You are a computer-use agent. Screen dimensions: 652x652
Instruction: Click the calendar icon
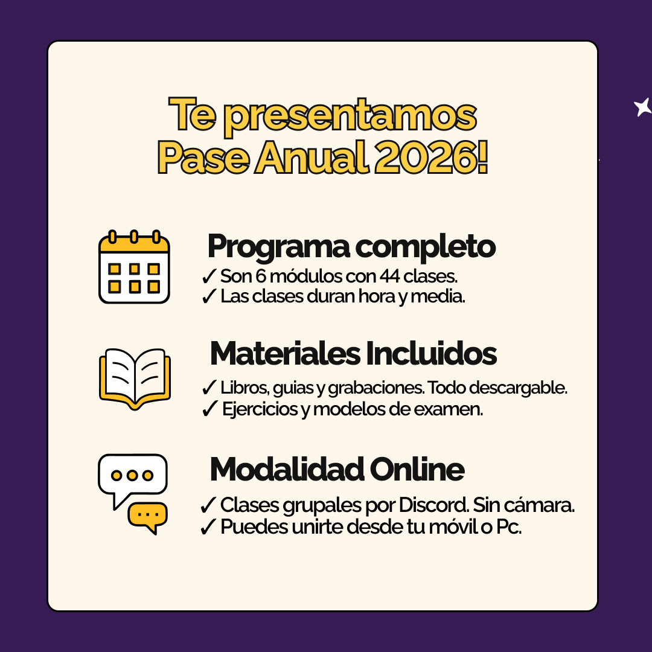[x=134, y=267]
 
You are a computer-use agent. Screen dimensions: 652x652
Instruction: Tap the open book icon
[x=135, y=379]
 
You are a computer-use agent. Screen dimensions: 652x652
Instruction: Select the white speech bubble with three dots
[x=132, y=476]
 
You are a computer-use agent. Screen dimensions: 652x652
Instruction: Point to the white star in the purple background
[x=642, y=107]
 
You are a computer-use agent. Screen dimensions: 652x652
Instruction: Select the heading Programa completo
[x=351, y=246]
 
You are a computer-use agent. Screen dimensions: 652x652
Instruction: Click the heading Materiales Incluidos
[x=353, y=354]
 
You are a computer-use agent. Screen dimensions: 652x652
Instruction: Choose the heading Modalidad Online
[x=337, y=469]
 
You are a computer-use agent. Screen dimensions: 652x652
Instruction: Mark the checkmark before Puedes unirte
[x=208, y=527]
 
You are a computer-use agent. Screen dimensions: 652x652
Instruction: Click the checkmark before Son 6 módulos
[x=209, y=277]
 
